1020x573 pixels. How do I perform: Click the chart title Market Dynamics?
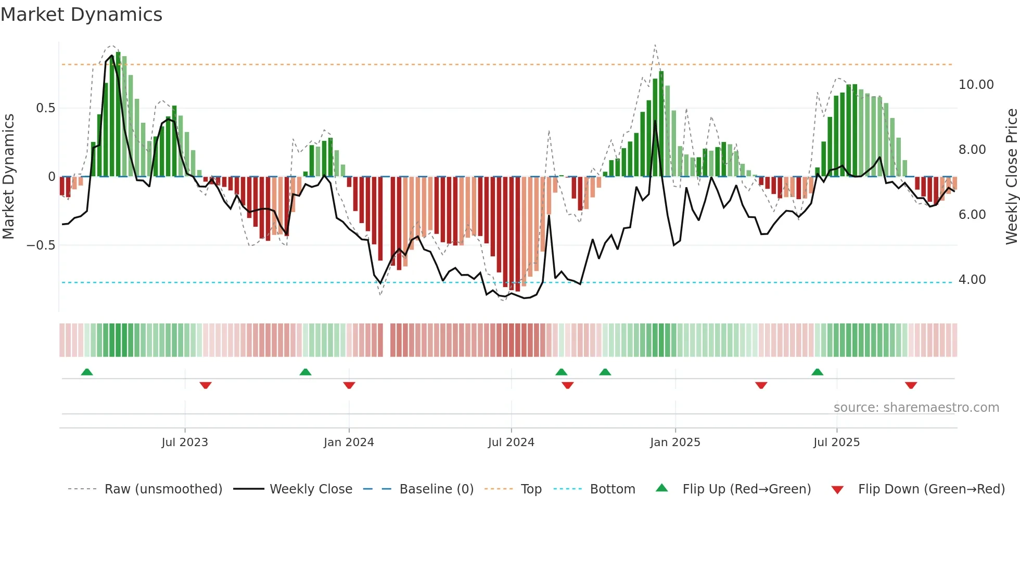[82, 15]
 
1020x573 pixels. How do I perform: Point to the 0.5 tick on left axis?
[45, 108]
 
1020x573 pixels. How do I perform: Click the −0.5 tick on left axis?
[41, 245]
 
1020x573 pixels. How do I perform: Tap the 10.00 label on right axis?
[976, 85]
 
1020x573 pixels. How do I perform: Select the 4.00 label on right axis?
[972, 280]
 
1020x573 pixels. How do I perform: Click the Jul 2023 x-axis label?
[185, 442]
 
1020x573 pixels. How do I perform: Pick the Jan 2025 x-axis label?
[675, 442]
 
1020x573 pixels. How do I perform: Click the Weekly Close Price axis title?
[1011, 176]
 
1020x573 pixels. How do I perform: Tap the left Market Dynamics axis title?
[8, 176]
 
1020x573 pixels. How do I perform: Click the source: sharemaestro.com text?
[916, 408]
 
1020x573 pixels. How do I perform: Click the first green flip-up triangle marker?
[87, 372]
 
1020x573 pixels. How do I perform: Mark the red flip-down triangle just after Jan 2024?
[349, 385]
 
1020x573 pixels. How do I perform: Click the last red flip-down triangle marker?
[911, 385]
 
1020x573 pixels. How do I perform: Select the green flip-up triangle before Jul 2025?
[818, 372]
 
